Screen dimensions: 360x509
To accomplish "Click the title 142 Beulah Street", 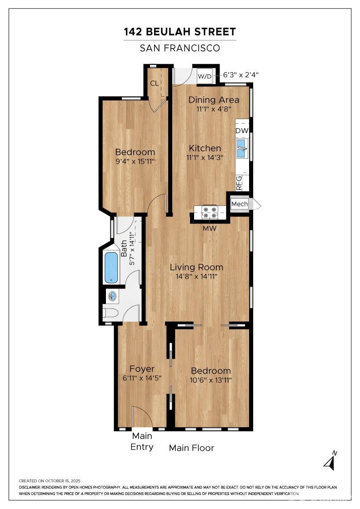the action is [x=180, y=32].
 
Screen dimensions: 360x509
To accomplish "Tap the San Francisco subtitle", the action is [x=180, y=48].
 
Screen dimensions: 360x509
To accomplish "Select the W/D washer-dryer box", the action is [x=205, y=77].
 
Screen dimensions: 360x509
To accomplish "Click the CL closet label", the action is [x=155, y=83].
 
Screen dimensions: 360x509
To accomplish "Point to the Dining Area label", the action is [x=214, y=100].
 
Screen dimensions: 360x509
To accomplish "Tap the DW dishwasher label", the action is [x=242, y=131].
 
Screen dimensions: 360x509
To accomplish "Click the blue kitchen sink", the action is [x=242, y=148].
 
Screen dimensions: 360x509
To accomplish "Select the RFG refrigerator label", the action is [x=239, y=183].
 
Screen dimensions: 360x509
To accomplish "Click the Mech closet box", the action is [x=240, y=204].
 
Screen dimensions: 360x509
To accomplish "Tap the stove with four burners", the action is [x=210, y=212].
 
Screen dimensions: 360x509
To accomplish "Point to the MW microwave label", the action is [x=210, y=229].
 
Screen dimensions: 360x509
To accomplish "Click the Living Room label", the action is [x=197, y=267].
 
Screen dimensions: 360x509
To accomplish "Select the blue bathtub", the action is [x=111, y=267].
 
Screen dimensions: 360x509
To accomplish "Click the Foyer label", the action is [x=142, y=369].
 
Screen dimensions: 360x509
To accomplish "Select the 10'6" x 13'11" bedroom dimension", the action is [x=210, y=380].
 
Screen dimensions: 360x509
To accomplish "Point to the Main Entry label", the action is [x=142, y=441].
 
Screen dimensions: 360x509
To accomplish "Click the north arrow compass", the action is [x=330, y=460].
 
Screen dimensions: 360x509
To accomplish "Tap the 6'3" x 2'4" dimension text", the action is [x=240, y=75].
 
